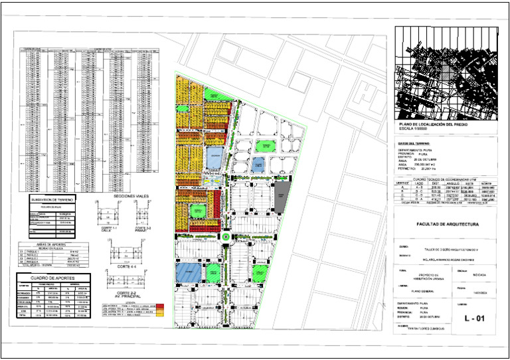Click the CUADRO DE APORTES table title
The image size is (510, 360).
[51, 277]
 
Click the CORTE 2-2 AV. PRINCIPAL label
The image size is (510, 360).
[126, 294]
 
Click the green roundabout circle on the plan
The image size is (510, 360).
[226, 236]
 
